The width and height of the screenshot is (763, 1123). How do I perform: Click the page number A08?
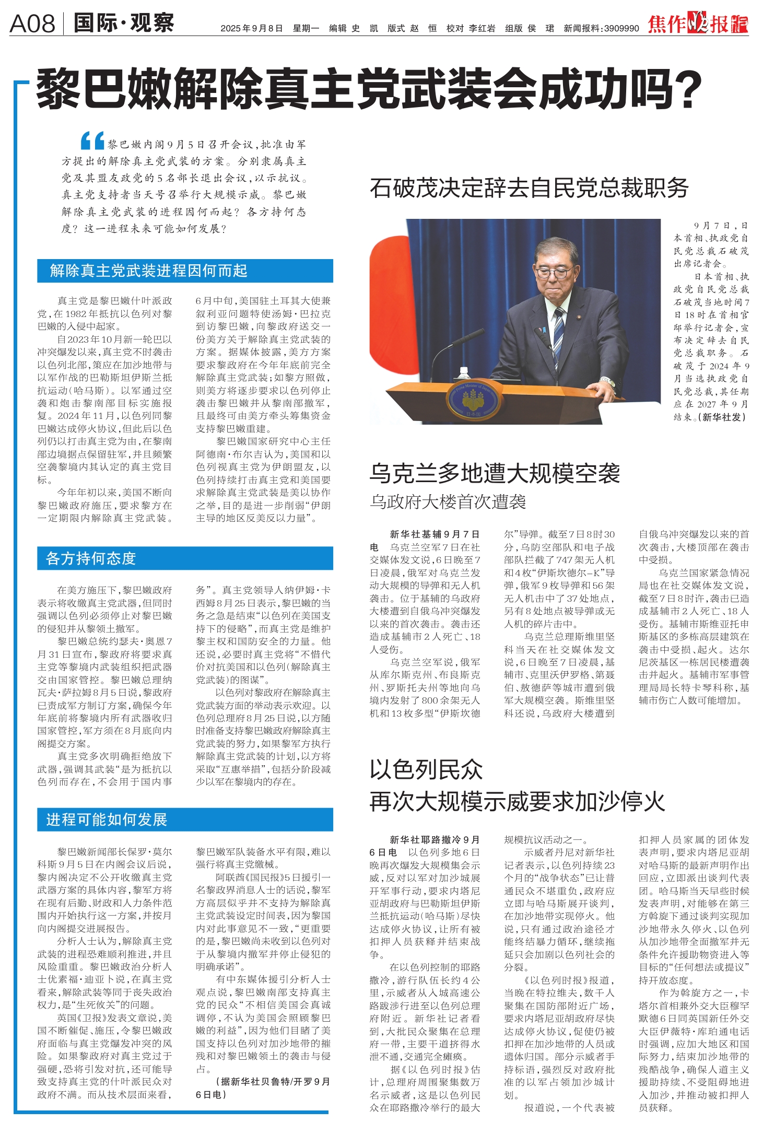coord(32,24)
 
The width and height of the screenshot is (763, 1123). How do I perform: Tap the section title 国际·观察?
coord(124,23)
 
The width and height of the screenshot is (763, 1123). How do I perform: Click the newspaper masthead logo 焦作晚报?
coord(698,24)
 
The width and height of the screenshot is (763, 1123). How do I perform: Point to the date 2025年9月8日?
coord(252,28)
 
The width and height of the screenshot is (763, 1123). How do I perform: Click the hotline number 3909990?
coord(621,28)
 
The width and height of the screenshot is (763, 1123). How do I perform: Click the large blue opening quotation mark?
coord(92,141)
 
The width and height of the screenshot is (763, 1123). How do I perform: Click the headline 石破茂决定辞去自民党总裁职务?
coord(529,188)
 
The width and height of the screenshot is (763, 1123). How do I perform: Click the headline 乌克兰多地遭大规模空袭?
coord(495,473)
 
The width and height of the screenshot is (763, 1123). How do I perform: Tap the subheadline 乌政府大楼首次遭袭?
coord(448,501)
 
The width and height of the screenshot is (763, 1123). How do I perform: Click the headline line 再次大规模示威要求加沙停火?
coord(517,802)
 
